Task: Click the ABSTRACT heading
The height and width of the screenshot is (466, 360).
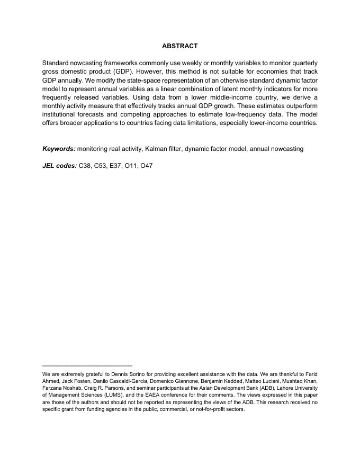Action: pos(179,46)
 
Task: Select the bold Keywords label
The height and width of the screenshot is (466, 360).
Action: pos(59,149)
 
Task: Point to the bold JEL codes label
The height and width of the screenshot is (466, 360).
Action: pos(60,166)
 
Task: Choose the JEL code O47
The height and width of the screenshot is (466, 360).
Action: pos(146,166)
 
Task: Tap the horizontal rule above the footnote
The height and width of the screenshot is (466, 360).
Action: pos(87,365)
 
